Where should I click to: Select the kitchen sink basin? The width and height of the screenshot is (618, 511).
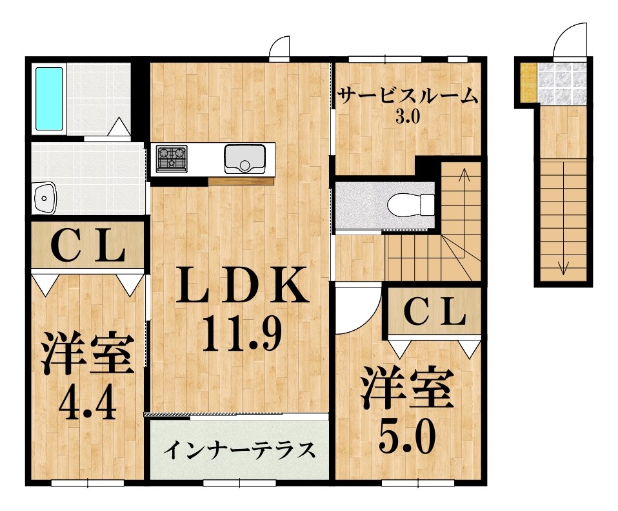coord(244,158)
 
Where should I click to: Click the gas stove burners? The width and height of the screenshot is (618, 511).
coord(172,158)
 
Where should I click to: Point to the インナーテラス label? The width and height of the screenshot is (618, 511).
coord(239,449)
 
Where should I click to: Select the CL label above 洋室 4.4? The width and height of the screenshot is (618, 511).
coord(88,247)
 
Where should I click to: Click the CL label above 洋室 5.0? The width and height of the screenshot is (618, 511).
coord(434,314)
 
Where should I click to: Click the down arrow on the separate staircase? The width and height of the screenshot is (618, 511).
coord(563,265)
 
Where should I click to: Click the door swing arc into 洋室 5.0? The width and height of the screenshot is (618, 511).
coord(357,309)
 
